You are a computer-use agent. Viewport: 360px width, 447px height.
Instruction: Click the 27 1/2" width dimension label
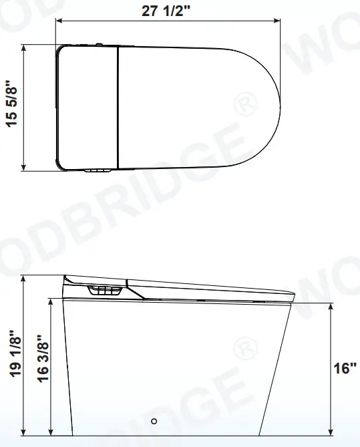(166, 9)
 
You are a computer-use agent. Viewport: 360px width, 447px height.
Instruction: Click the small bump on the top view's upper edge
(98, 45)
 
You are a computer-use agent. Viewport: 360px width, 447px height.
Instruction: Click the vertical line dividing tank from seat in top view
(118, 107)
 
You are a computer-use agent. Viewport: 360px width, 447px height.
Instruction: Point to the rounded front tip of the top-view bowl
(277, 107)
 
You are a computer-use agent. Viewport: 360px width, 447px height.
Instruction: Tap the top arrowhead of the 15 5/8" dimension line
(25, 47)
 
